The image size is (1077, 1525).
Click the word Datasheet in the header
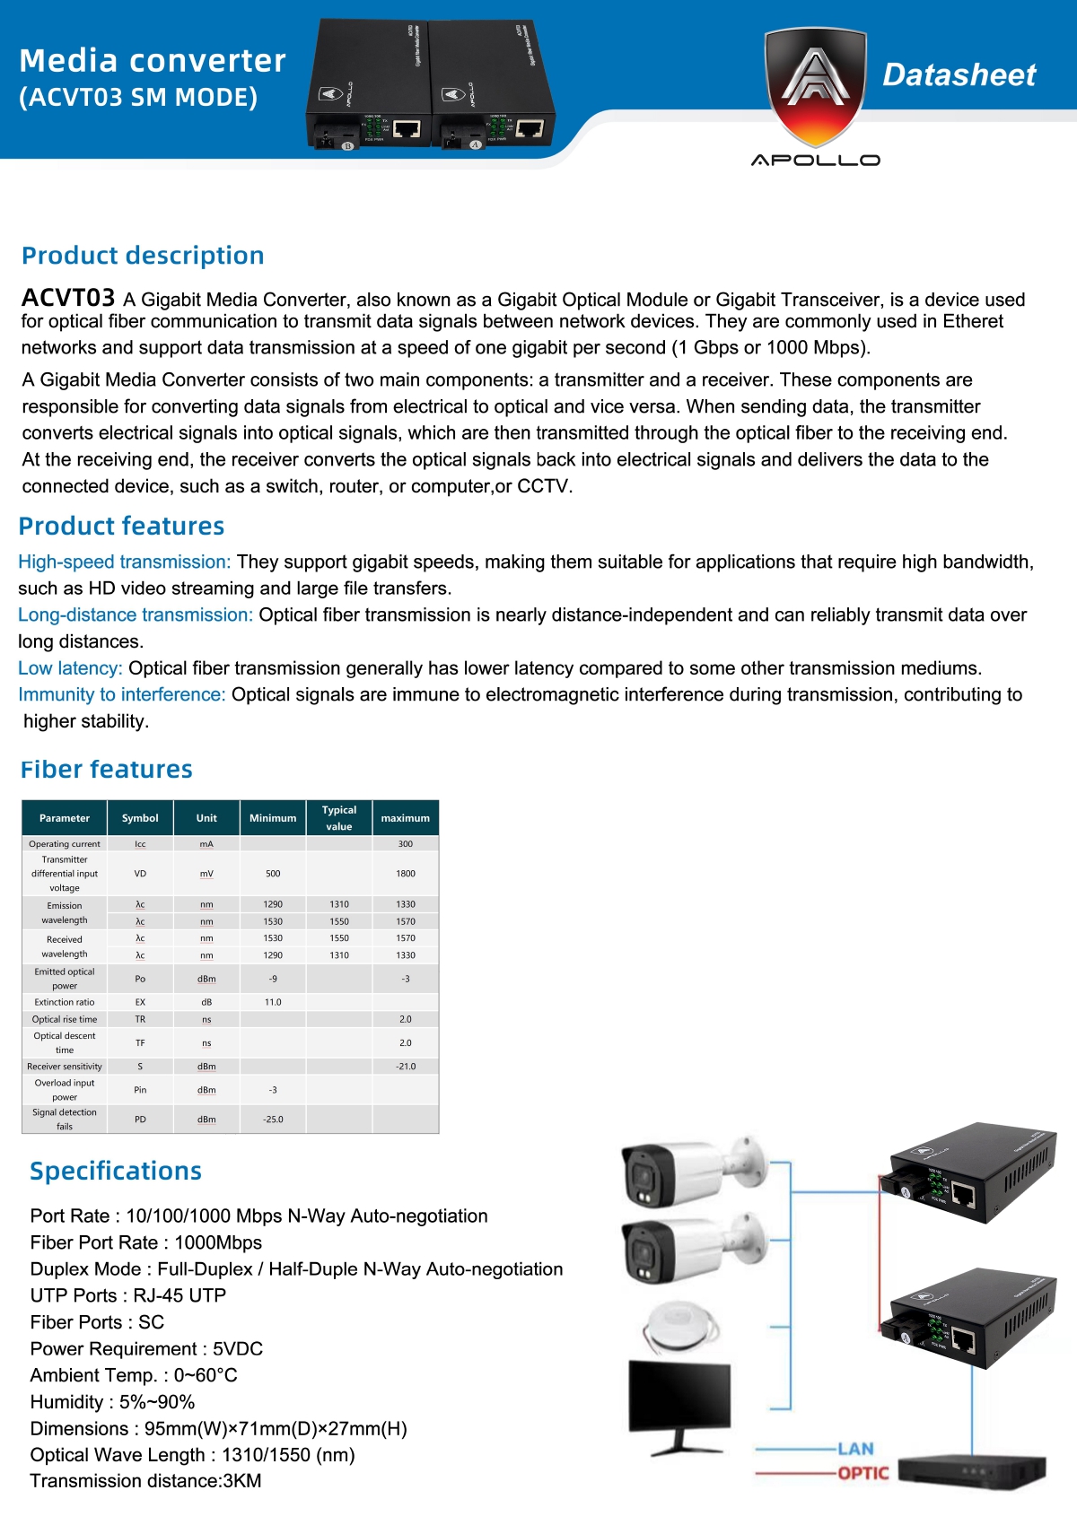click(959, 74)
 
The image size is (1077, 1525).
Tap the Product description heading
click(143, 256)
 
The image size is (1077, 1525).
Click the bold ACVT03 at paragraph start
click(68, 298)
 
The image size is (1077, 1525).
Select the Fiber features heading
click(107, 770)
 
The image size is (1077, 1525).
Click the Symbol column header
click(140, 818)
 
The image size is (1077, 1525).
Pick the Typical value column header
click(339, 818)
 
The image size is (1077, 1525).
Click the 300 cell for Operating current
click(406, 844)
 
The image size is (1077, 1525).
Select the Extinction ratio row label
click(65, 1002)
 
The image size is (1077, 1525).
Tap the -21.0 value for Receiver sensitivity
click(406, 1067)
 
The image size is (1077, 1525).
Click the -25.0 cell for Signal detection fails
click(273, 1120)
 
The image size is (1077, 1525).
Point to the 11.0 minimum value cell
click(273, 1002)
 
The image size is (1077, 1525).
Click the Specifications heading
click(116, 1172)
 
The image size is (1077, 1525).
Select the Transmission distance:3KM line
click(145, 1481)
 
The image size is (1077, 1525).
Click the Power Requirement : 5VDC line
click(146, 1349)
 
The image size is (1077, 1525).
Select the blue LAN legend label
click(855, 1449)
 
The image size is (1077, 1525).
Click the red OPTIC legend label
click(862, 1473)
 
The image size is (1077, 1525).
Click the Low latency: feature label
click(70, 668)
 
